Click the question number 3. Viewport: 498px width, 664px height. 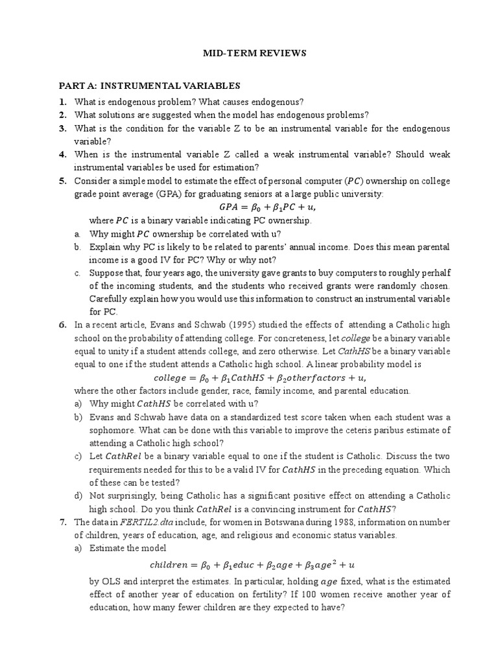coord(63,128)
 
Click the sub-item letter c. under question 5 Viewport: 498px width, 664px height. coord(77,273)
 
